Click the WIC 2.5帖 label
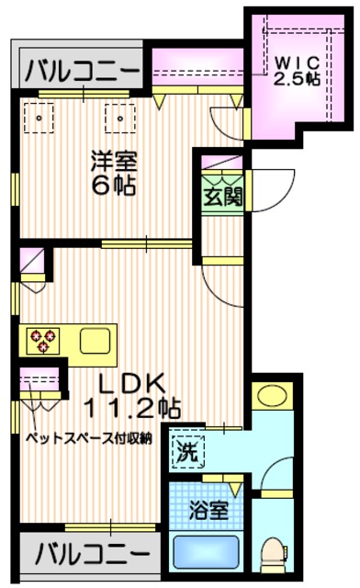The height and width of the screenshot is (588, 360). [298, 70]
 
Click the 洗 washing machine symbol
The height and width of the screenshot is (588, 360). [186, 451]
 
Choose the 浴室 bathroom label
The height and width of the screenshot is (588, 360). [205, 508]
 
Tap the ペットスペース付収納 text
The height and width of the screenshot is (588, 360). [89, 438]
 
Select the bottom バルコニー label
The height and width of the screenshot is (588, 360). [92, 555]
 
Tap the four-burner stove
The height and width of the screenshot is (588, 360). [40, 340]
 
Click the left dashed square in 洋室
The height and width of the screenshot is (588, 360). [39, 118]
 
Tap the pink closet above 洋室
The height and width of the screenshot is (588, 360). [197, 71]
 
